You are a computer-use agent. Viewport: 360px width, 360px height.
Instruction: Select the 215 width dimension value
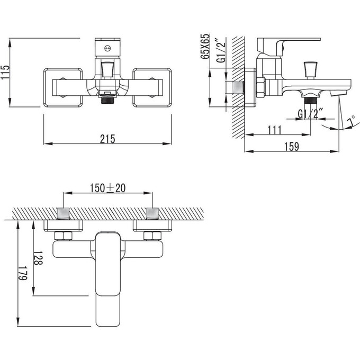(x=107, y=139)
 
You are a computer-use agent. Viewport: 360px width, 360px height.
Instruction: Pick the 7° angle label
(x=350, y=123)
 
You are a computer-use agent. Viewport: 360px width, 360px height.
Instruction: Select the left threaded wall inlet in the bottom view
(x=63, y=213)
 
